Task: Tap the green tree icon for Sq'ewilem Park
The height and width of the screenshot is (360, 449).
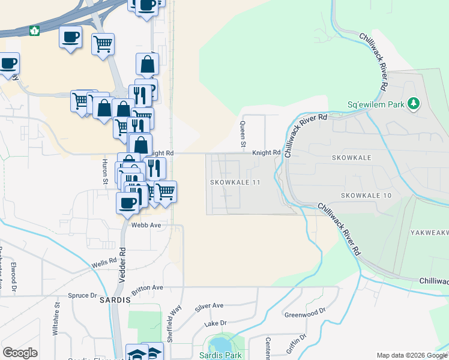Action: pyautogui.click(x=413, y=104)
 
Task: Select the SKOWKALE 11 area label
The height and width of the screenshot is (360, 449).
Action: pyautogui.click(x=234, y=182)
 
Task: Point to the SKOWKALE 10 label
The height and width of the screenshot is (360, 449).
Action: pyautogui.click(x=366, y=196)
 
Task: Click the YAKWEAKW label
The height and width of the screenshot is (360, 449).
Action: pyautogui.click(x=429, y=232)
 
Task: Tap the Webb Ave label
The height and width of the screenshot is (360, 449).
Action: pyautogui.click(x=146, y=225)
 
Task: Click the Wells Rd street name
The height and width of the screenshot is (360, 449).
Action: pyautogui.click(x=103, y=263)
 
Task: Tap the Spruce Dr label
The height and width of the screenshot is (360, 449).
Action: pyautogui.click(x=82, y=295)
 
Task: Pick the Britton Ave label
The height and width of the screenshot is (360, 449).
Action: pyautogui.click(x=148, y=288)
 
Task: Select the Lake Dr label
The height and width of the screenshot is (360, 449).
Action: pyautogui.click(x=215, y=323)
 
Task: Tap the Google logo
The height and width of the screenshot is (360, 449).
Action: pyautogui.click(x=20, y=353)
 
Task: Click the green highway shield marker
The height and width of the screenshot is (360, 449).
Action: pyautogui.click(x=35, y=30)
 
